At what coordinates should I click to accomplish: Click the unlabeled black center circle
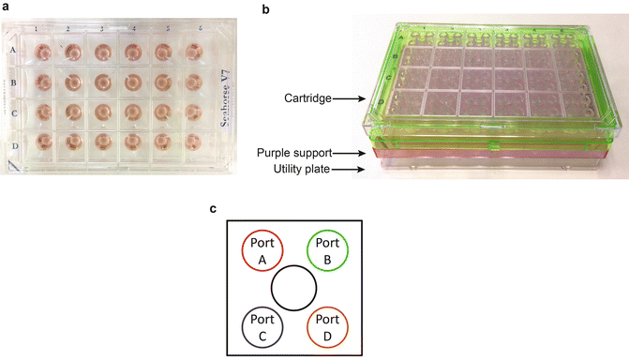[x=294, y=288]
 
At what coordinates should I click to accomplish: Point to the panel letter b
[x=266, y=8]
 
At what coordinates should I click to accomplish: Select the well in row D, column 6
[x=194, y=144]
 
